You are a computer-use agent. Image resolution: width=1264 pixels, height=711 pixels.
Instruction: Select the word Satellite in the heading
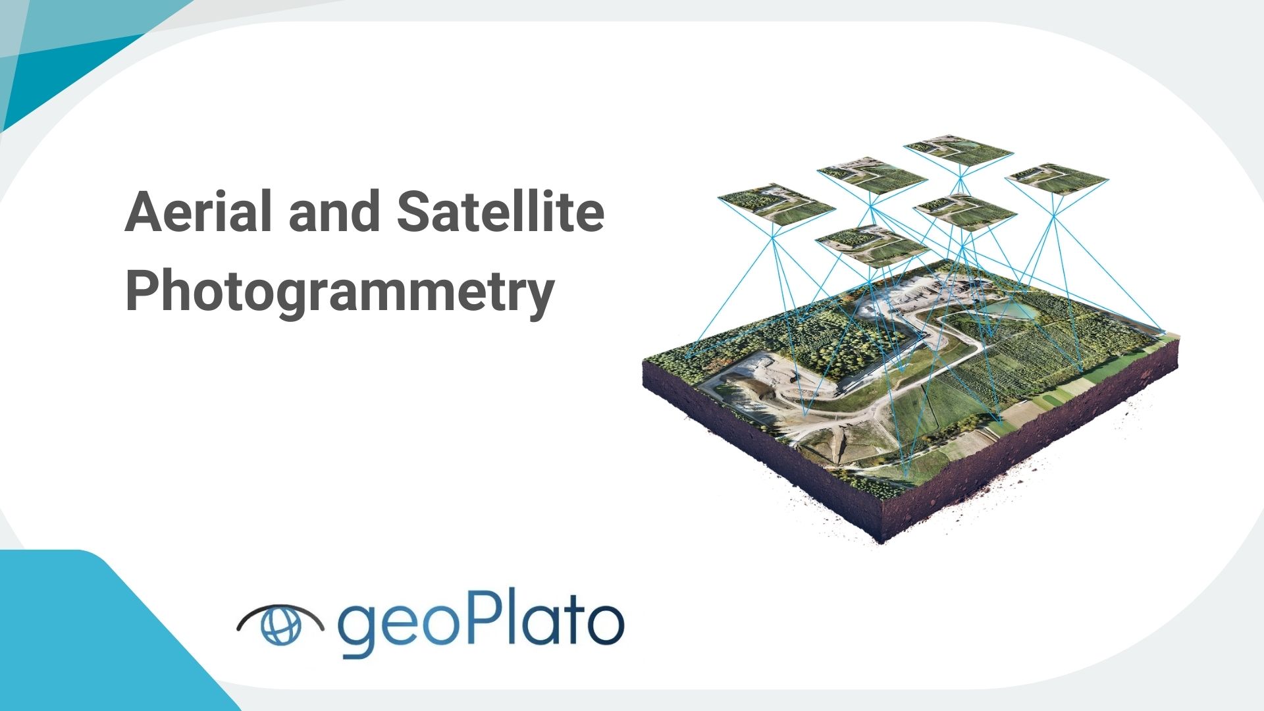[501, 212]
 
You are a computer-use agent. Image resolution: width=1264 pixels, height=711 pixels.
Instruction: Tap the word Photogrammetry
[340, 292]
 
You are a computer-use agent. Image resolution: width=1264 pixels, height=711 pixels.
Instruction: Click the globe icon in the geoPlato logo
[280, 624]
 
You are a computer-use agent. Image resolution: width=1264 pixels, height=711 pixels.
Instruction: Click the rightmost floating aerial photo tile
[1056, 178]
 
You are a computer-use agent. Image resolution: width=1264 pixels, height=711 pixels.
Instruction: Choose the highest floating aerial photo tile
[958, 150]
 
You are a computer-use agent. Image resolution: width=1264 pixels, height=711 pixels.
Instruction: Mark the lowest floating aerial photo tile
[873, 246]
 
